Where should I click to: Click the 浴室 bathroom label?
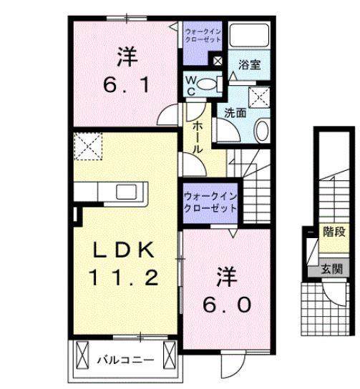pos(250,64)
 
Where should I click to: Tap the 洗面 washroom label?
pos(235,112)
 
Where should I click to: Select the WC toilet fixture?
pos(208,84)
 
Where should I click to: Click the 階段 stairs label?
pos(334,232)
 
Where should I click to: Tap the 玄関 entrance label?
pos(331,270)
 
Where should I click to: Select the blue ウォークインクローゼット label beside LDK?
pos(209,201)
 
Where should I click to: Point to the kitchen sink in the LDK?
pos(130,192)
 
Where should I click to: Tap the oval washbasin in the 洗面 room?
pos(261,131)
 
